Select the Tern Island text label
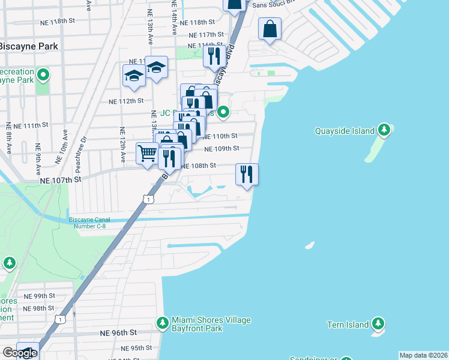[349, 325]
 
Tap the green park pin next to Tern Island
[378, 325]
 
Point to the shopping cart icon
[147, 153]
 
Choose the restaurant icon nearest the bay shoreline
[247, 174]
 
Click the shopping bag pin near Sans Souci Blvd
[270, 28]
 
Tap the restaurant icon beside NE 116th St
[214, 56]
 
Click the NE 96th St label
[119, 332]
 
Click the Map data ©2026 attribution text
[423, 355]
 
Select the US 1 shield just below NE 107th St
[146, 199]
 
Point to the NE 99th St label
[39, 296]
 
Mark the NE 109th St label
[221, 149]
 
